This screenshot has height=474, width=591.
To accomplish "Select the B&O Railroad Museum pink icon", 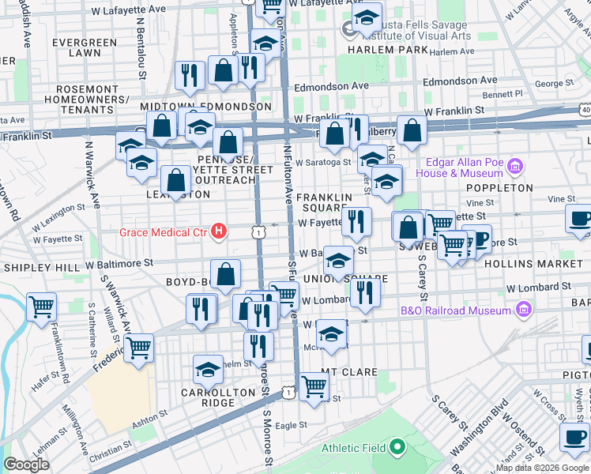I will tap(522, 310).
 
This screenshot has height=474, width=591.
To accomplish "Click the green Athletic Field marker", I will tap(397, 449).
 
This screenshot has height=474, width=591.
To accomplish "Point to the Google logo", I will tap(26, 465).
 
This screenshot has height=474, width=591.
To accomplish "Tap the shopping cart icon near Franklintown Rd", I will tap(41, 307).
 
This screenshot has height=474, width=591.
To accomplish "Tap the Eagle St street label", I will tap(291, 425).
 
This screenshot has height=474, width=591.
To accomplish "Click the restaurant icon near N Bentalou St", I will tap(188, 75).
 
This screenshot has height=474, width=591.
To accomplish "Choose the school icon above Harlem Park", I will tap(367, 17).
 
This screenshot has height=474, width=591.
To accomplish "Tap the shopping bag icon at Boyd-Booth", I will tap(226, 273).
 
